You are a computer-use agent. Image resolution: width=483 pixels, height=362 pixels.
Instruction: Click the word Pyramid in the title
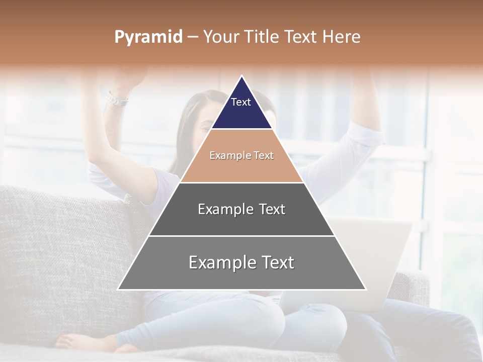coord(148,37)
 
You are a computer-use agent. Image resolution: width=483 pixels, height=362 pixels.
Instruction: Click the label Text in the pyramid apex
coord(241,102)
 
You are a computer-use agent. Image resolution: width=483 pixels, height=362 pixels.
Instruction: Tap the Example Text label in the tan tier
coord(242,156)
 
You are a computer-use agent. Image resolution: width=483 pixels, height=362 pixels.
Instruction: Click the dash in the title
coord(192,37)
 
